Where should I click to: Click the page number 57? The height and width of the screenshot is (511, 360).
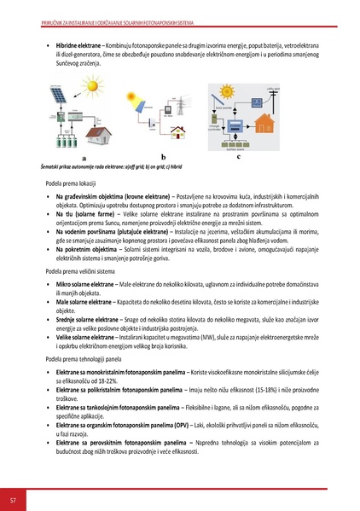point(13,498)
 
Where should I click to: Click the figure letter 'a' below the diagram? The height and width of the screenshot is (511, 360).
point(61,159)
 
